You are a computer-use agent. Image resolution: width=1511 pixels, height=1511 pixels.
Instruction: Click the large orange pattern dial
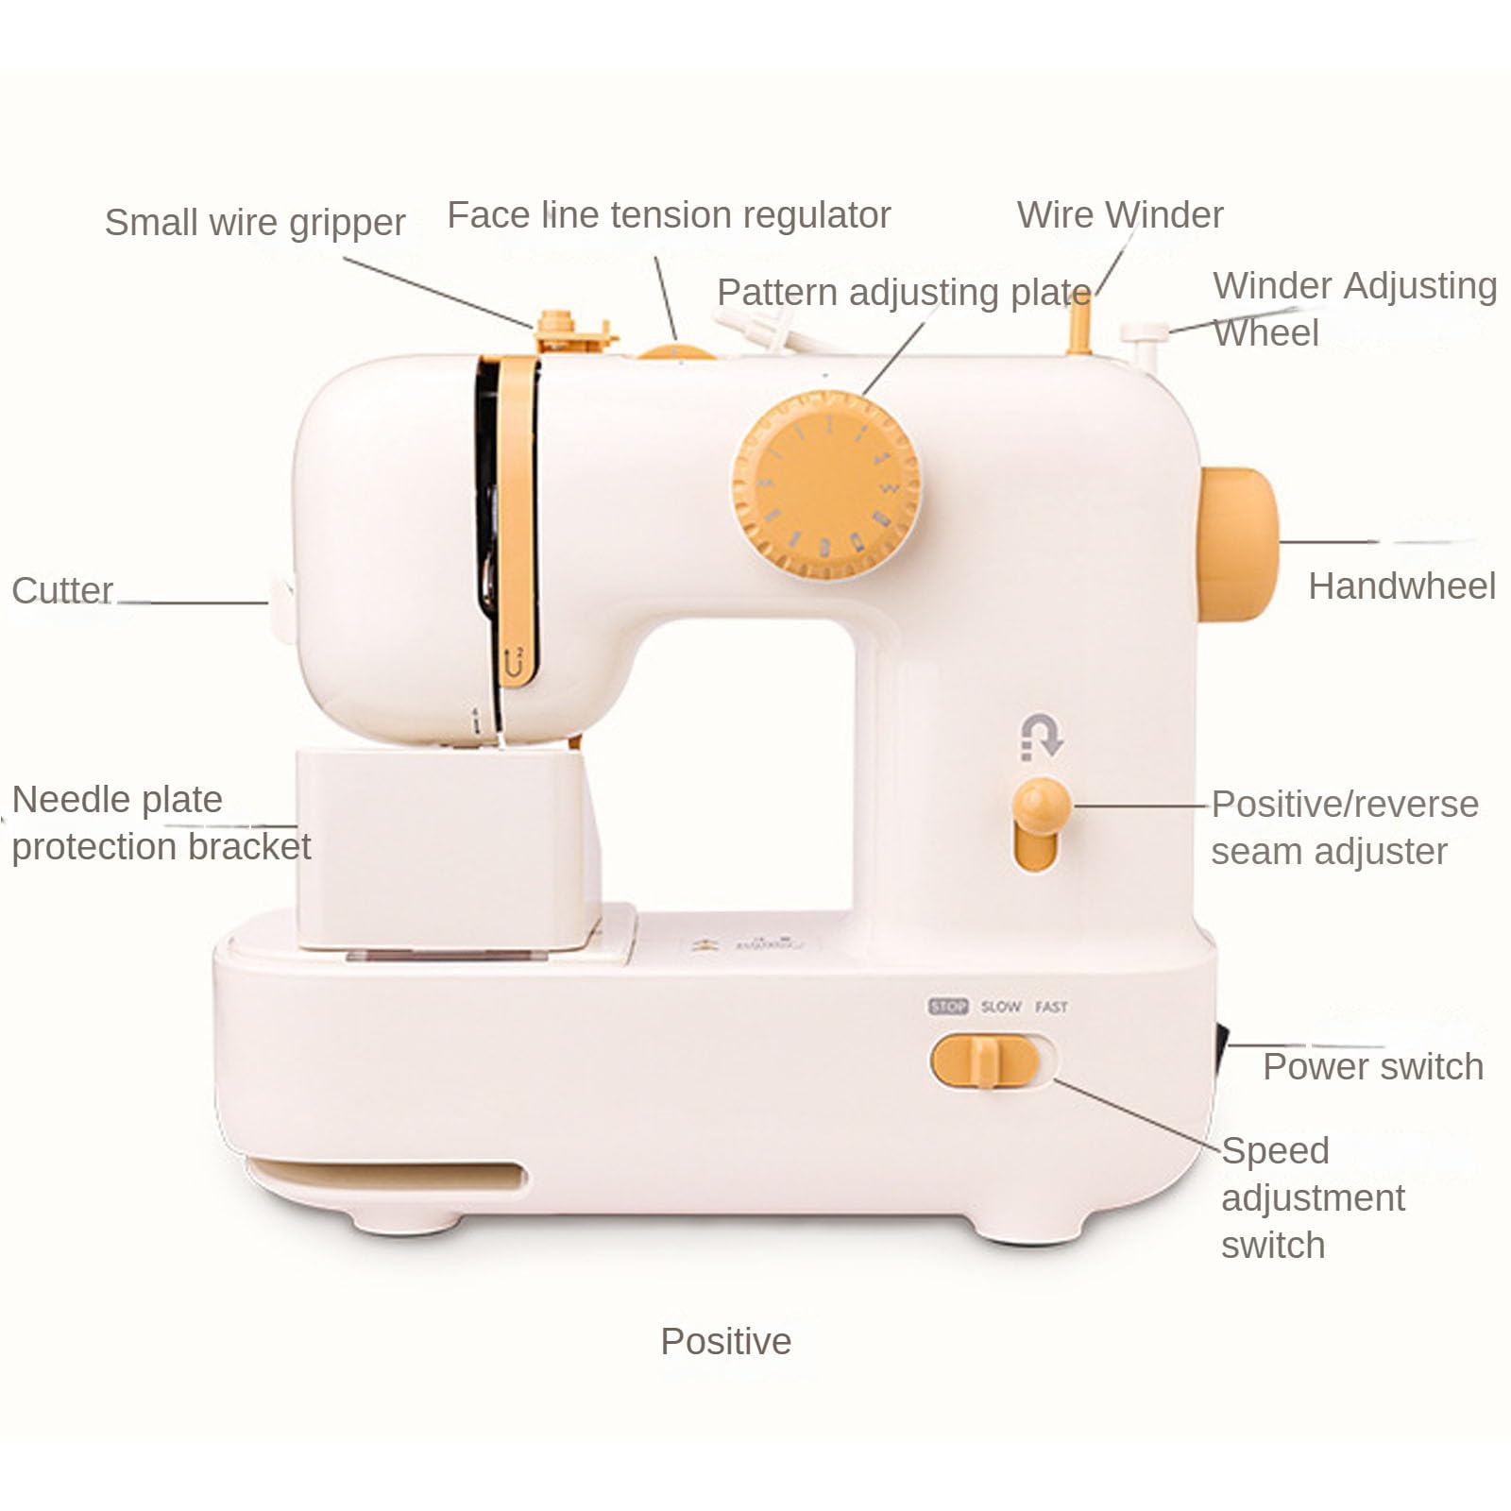tap(825, 485)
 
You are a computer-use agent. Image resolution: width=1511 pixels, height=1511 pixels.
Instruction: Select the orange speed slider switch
tap(985, 1061)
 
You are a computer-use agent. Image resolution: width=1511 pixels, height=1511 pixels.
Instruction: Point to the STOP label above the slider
tap(948, 1007)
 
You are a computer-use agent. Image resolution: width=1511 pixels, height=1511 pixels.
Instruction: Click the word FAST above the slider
tap(1051, 1007)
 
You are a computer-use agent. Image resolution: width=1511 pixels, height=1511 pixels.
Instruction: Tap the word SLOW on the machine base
tap(1001, 1007)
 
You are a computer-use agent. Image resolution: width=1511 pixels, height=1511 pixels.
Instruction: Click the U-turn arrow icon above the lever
tap(1042, 737)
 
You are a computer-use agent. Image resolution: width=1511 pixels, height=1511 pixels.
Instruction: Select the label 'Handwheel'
tap(1401, 586)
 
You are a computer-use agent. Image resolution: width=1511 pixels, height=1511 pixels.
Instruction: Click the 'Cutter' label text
tap(62, 590)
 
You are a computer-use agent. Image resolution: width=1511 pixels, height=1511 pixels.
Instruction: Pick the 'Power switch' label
tap(1373, 1067)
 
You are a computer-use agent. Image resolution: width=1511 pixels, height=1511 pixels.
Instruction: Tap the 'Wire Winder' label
tap(1120, 215)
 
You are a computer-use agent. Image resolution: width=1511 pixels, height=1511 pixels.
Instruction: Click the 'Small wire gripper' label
tap(255, 224)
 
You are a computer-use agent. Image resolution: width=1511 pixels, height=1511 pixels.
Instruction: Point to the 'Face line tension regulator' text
tap(669, 216)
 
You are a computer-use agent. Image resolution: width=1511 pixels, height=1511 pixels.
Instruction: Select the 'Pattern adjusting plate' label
tap(904, 294)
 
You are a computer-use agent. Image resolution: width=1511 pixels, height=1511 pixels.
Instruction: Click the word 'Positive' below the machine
tap(725, 1341)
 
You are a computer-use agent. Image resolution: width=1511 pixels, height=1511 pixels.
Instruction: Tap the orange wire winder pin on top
tap(1079, 323)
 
